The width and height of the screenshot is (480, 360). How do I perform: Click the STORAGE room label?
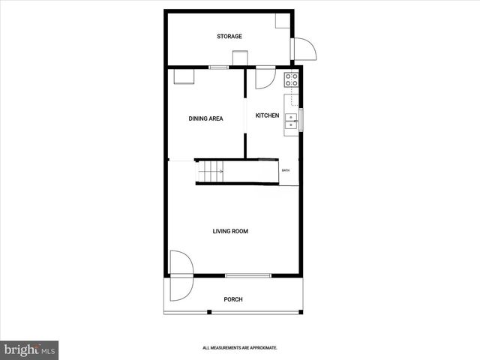point(229,36)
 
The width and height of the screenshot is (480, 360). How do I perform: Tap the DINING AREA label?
point(204,118)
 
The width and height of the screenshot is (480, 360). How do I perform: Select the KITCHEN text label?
point(267,115)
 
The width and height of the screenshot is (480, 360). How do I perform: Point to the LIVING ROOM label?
point(230,231)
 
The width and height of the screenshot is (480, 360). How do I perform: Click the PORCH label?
point(233,299)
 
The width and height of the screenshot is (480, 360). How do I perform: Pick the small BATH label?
point(286,171)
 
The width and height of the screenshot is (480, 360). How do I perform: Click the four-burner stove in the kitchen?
point(291,79)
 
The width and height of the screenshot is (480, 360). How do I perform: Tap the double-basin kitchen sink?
point(290,121)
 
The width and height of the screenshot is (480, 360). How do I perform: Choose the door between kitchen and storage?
point(265,76)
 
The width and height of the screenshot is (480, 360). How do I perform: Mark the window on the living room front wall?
point(248,276)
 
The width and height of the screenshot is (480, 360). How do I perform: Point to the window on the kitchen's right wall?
point(301,120)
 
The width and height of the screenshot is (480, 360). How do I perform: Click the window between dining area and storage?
point(218,68)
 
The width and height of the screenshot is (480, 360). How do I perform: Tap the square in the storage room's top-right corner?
point(283,19)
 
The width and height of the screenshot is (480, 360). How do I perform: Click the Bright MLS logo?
point(30,349)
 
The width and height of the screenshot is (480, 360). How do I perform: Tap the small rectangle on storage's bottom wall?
point(240,58)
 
